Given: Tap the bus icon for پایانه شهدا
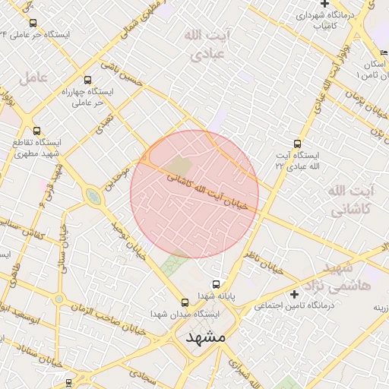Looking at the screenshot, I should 217,284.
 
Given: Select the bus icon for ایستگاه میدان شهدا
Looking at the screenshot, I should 185,302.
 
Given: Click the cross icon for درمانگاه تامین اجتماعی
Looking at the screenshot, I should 294,293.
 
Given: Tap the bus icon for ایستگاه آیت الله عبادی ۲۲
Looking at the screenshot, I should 297,144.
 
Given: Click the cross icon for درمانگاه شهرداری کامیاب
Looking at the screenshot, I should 324,4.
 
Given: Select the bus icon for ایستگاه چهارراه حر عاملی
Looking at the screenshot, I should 87,80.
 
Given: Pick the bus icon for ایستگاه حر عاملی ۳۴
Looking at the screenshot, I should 32,24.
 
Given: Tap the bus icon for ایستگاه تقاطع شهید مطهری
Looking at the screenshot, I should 37,131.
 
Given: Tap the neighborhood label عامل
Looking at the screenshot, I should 35,77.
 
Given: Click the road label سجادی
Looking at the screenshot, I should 141,375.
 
